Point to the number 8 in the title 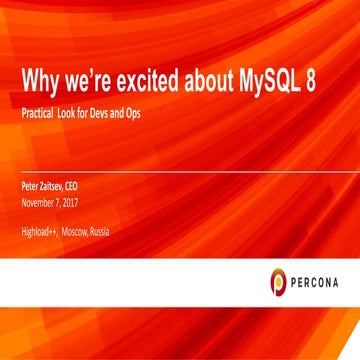click(x=312, y=81)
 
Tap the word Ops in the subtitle click(x=132, y=114)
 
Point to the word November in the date click(x=39, y=200)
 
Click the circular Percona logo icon click(x=278, y=283)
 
